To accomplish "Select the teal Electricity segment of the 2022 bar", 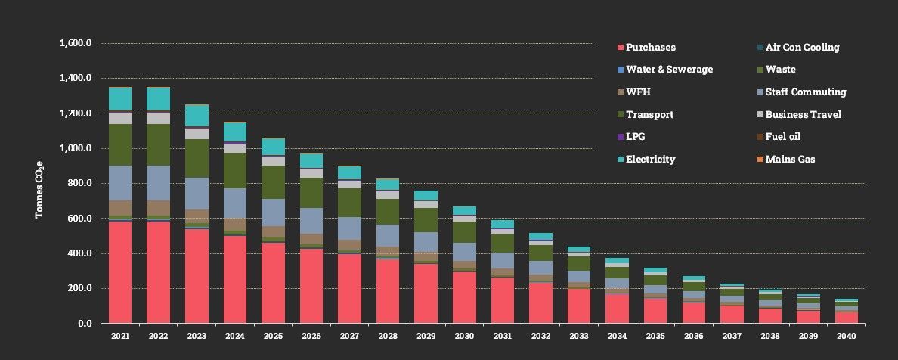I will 158,100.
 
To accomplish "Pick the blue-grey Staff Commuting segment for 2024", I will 235,203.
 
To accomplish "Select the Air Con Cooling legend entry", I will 802,48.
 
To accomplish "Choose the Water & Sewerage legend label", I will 669,70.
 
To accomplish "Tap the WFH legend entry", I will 638,92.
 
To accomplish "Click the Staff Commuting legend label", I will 805,92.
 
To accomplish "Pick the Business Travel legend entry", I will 803,115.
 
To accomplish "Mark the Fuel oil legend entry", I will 782,137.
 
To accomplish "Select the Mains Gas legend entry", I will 790,160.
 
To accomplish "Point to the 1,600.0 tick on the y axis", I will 75,43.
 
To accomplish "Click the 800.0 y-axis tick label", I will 78,184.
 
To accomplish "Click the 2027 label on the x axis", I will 350,336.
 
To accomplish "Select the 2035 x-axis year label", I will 656,336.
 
